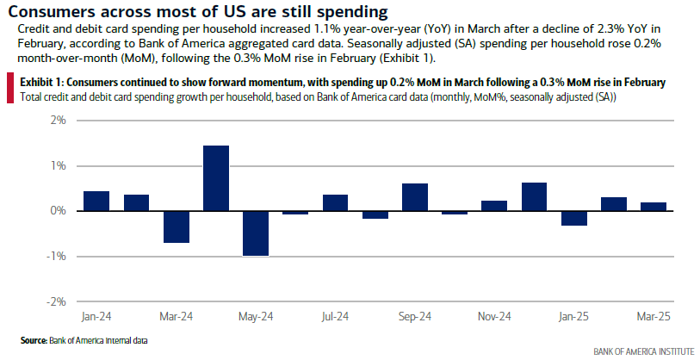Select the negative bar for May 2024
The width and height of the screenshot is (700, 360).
256,233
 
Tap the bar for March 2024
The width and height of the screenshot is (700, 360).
177,227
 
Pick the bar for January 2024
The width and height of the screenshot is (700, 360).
96,201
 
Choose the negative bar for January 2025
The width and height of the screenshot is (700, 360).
573,218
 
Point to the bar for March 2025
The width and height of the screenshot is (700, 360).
653,207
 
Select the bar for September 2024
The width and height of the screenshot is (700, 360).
415,197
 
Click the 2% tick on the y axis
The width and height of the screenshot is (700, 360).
57,121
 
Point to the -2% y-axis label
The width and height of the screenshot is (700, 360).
55,301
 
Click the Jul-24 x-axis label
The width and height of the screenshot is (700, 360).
335,316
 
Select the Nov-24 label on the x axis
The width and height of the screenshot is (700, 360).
493,316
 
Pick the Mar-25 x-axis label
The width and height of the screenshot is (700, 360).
652,316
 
